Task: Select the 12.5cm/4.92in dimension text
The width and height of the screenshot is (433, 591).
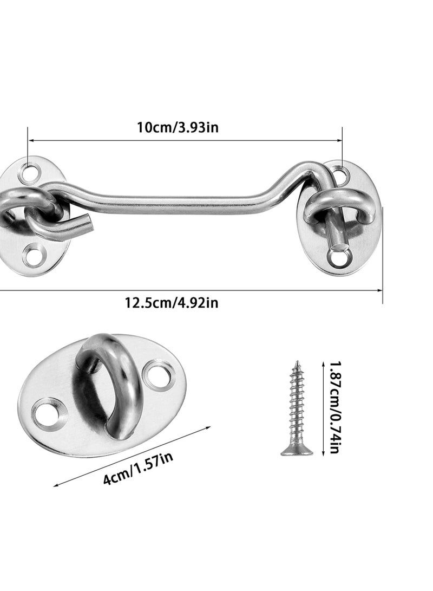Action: coord(172,302)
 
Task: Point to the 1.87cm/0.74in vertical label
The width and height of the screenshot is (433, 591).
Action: coord(333,407)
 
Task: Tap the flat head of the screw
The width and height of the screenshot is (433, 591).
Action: coord(296,451)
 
